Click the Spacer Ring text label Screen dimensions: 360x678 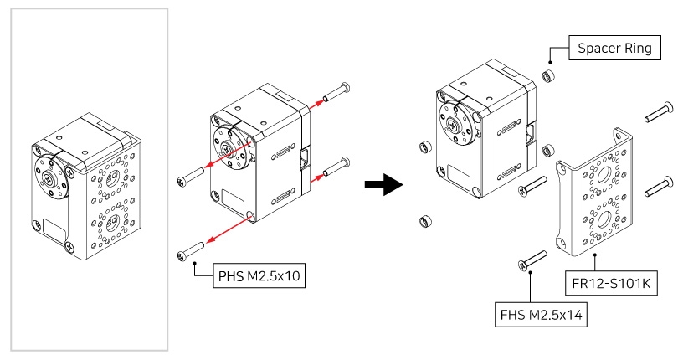tap(616, 49)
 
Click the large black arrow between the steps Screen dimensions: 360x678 tap(384, 185)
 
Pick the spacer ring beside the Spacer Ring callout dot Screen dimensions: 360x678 tap(550, 77)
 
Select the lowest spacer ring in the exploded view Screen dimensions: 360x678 tap(424, 222)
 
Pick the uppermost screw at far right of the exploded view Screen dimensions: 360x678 tap(658, 109)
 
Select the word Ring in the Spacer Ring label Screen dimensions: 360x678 tap(639, 49)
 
